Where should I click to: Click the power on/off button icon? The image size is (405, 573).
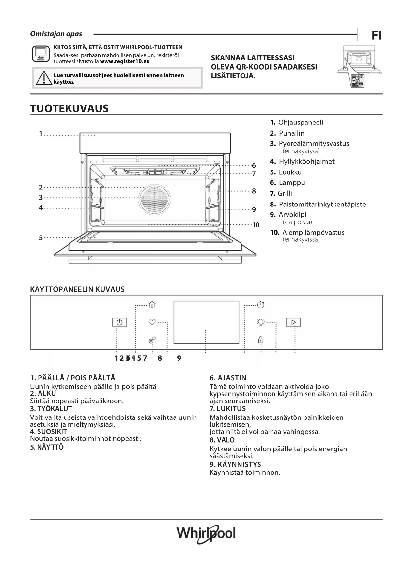click(x=119, y=322)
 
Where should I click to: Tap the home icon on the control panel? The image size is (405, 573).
click(x=152, y=304)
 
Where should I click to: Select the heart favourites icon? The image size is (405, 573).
click(x=152, y=322)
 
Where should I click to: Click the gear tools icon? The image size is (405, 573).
click(x=152, y=340)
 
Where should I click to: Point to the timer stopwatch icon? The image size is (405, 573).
click(x=261, y=304)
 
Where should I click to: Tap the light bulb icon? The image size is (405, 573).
click(x=260, y=322)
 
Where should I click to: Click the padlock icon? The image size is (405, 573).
click(x=261, y=340)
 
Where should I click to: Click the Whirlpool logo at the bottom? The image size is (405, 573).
click(x=206, y=534)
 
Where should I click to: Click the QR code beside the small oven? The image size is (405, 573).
click(x=358, y=81)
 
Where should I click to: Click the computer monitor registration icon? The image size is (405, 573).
click(x=41, y=54)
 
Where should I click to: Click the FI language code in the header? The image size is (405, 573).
click(x=377, y=35)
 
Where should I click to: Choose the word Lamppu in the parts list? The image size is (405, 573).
click(x=292, y=183)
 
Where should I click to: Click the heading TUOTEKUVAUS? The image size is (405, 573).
click(x=69, y=108)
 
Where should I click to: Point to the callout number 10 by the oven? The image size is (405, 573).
click(x=256, y=225)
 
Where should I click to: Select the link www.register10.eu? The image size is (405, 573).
click(x=125, y=61)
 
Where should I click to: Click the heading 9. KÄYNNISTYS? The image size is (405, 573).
click(x=235, y=464)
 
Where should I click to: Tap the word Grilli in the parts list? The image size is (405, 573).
click(x=285, y=193)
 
